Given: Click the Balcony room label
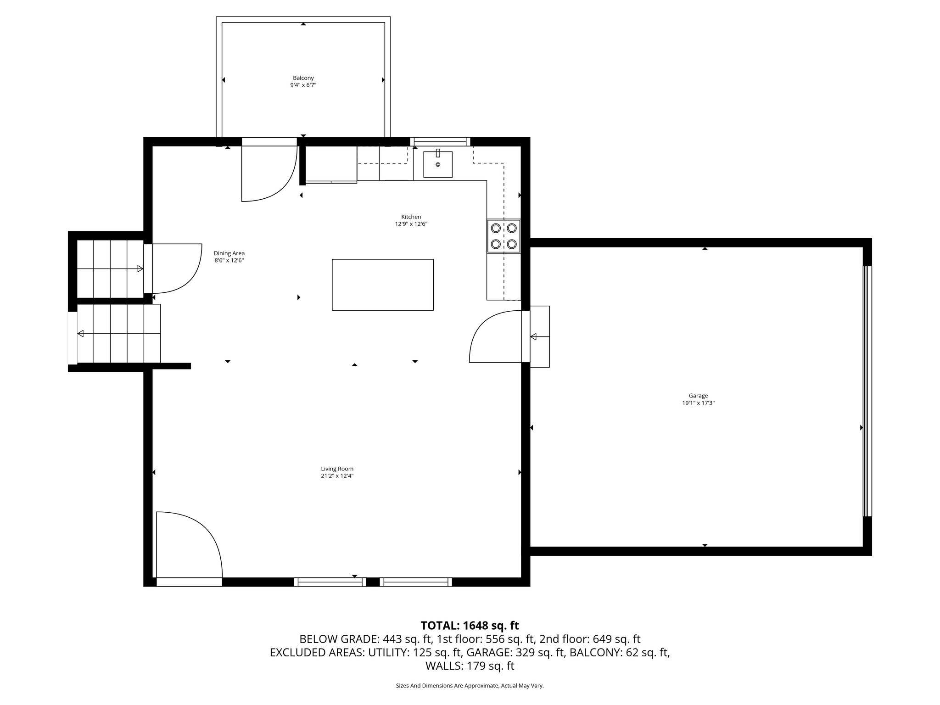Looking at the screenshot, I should pyautogui.click(x=303, y=78).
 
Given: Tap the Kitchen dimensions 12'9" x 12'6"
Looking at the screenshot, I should pyautogui.click(x=411, y=224).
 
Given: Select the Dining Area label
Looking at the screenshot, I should pyautogui.click(x=229, y=253).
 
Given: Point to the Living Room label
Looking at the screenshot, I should pyautogui.click(x=337, y=469).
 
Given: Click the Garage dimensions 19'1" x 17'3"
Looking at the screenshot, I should pyautogui.click(x=698, y=403).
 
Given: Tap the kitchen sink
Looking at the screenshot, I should pyautogui.click(x=437, y=164).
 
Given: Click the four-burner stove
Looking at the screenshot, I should pyautogui.click(x=504, y=236).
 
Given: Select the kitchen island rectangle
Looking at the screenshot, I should pyautogui.click(x=382, y=285).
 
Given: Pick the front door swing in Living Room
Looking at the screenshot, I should pyautogui.click(x=188, y=546).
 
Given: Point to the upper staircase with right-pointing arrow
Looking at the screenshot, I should pyautogui.click(x=110, y=269).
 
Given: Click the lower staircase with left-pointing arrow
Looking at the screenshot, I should pyautogui.click(x=118, y=333).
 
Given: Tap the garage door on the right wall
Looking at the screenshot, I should pyautogui.click(x=867, y=392).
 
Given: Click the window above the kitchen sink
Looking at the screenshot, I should pyautogui.click(x=440, y=141).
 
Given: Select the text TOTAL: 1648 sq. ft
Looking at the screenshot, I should pyautogui.click(x=470, y=626).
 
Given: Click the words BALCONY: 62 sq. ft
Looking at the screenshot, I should pyautogui.click(x=619, y=652).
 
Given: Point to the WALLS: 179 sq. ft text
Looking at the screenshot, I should pyautogui.click(x=470, y=666).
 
